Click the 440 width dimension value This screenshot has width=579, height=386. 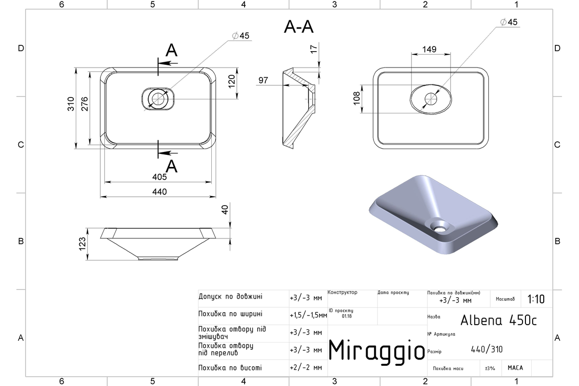[160, 192]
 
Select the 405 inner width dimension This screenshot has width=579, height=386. [160, 177]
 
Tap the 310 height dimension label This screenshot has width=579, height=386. [71, 104]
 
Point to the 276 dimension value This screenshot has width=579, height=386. [84, 104]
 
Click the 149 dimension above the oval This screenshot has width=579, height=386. [429, 49]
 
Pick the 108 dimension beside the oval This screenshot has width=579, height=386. [357, 98]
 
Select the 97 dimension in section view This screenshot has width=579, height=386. [263, 81]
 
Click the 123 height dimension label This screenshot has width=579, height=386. [82, 244]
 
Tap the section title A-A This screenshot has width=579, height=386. [299, 27]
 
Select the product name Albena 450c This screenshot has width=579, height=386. [498, 320]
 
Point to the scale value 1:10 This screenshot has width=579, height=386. [536, 299]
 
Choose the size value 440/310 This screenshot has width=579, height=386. [487, 349]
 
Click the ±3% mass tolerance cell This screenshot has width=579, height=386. [490, 368]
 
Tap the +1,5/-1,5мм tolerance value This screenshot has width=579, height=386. [308, 316]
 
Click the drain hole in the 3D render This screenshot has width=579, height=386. [440, 228]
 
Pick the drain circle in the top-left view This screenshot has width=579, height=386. [158, 99]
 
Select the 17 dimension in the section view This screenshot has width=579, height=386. [314, 49]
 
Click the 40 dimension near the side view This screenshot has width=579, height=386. [225, 210]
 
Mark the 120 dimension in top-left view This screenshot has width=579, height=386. [232, 81]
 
